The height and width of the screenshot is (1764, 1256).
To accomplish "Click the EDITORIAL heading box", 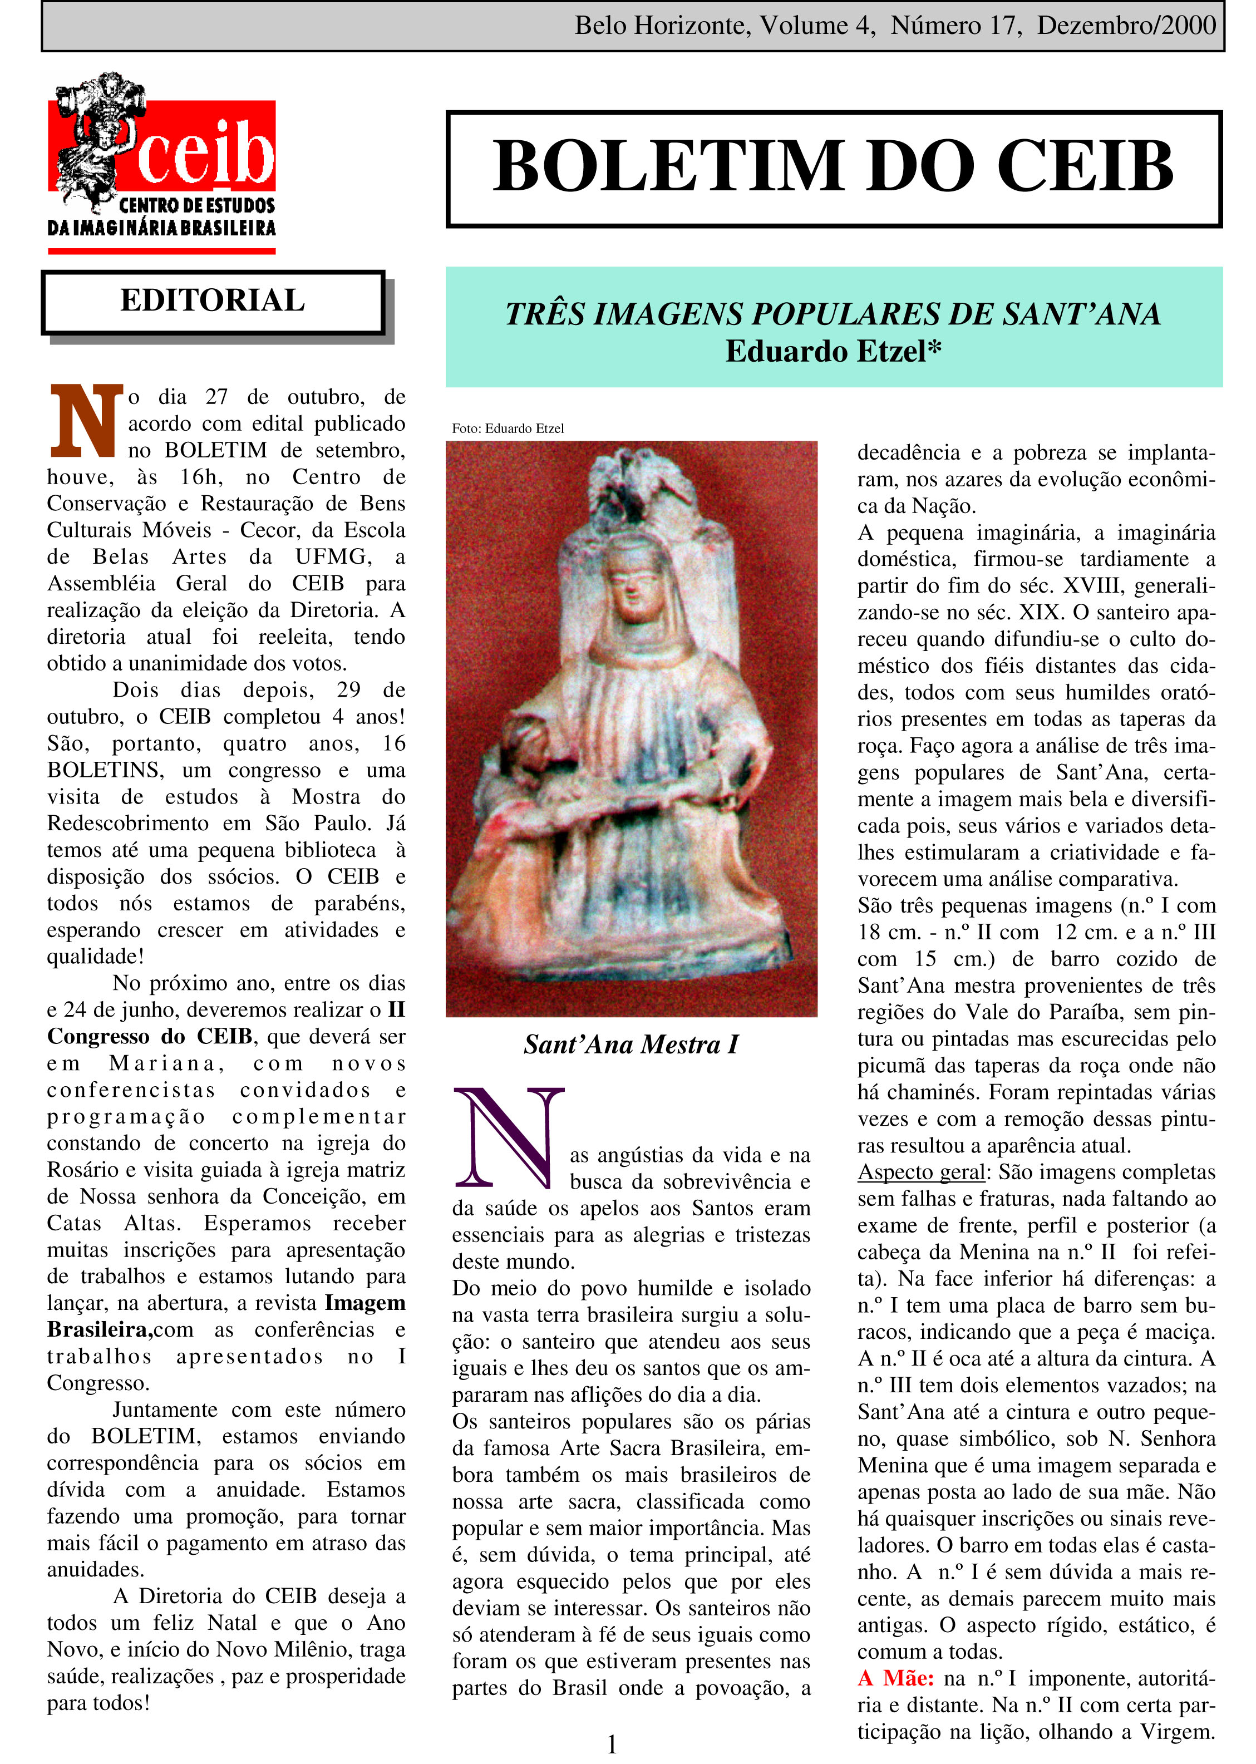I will pyautogui.click(x=213, y=301).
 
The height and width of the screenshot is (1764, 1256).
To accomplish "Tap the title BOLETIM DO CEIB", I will pyautogui.click(x=833, y=167).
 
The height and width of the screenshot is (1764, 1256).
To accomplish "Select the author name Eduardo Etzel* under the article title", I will pyautogui.click(x=833, y=352).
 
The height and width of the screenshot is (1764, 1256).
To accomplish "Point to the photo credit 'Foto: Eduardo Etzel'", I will pyautogui.click(x=508, y=428).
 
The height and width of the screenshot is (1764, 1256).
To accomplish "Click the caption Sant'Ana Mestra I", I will pyautogui.click(x=631, y=1045).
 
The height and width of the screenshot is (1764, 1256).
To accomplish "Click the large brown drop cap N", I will pyautogui.click(x=86, y=421).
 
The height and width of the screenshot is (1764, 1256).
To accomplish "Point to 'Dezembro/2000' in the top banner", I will pyautogui.click(x=1126, y=26).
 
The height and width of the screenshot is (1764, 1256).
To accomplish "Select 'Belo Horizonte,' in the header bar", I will pyautogui.click(x=662, y=26).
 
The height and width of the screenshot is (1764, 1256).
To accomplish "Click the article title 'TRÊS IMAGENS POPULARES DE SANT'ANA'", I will pyautogui.click(x=833, y=314).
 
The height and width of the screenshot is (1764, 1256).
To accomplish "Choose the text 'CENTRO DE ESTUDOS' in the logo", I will pyautogui.click(x=196, y=206).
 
